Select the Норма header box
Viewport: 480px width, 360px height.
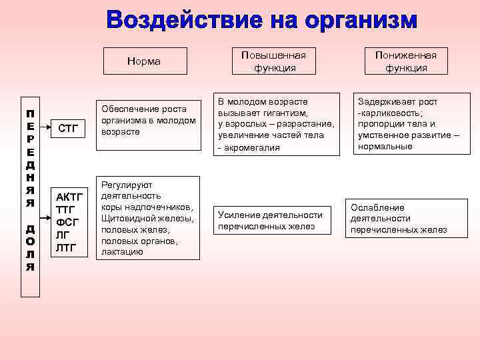(x=143, y=61)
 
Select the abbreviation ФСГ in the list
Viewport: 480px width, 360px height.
(x=68, y=223)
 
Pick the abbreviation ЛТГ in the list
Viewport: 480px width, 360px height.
(x=67, y=248)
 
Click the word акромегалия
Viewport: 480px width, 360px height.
(x=253, y=147)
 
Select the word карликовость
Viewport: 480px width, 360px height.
(x=393, y=113)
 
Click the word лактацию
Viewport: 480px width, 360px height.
(x=122, y=251)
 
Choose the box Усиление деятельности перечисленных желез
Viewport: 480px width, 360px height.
(x=270, y=221)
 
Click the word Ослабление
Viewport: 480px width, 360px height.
(x=377, y=207)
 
